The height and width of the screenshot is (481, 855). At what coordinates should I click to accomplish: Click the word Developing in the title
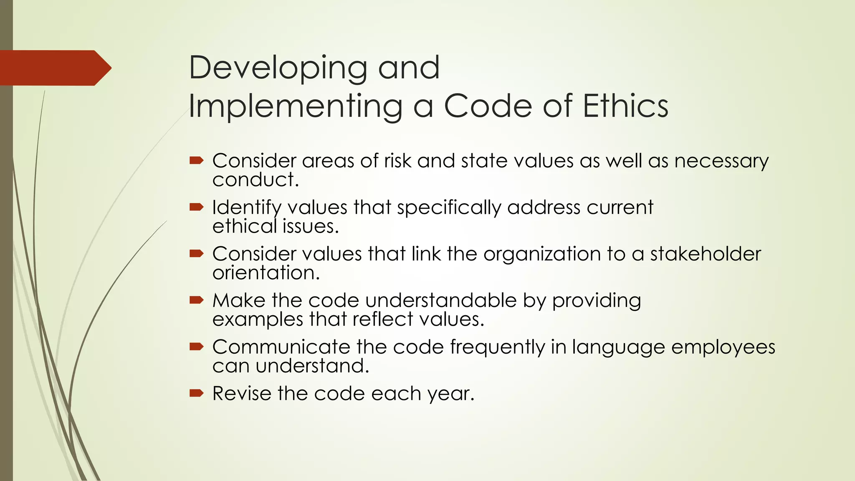pos(278,68)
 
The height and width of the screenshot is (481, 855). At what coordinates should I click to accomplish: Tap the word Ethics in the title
pos(625,106)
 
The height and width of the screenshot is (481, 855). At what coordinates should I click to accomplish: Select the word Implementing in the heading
pos(296,106)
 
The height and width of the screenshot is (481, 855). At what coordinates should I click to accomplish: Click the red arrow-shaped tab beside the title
pos(55,68)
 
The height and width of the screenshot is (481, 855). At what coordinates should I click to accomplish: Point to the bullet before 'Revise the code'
pos(196,392)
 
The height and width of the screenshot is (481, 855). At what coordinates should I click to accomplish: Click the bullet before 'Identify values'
pos(196,207)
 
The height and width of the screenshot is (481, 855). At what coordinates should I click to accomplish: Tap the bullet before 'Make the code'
pos(196,300)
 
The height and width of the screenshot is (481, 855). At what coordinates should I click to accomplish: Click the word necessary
pos(721,161)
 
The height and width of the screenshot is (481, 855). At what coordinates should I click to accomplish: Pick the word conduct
pos(255,180)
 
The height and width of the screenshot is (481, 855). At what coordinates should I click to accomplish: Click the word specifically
pos(449,208)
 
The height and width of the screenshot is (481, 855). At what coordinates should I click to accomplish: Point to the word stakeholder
pos(706,254)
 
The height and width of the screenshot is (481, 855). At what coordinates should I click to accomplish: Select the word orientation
pos(266,273)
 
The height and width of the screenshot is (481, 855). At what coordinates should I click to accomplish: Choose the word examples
pos(258,319)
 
